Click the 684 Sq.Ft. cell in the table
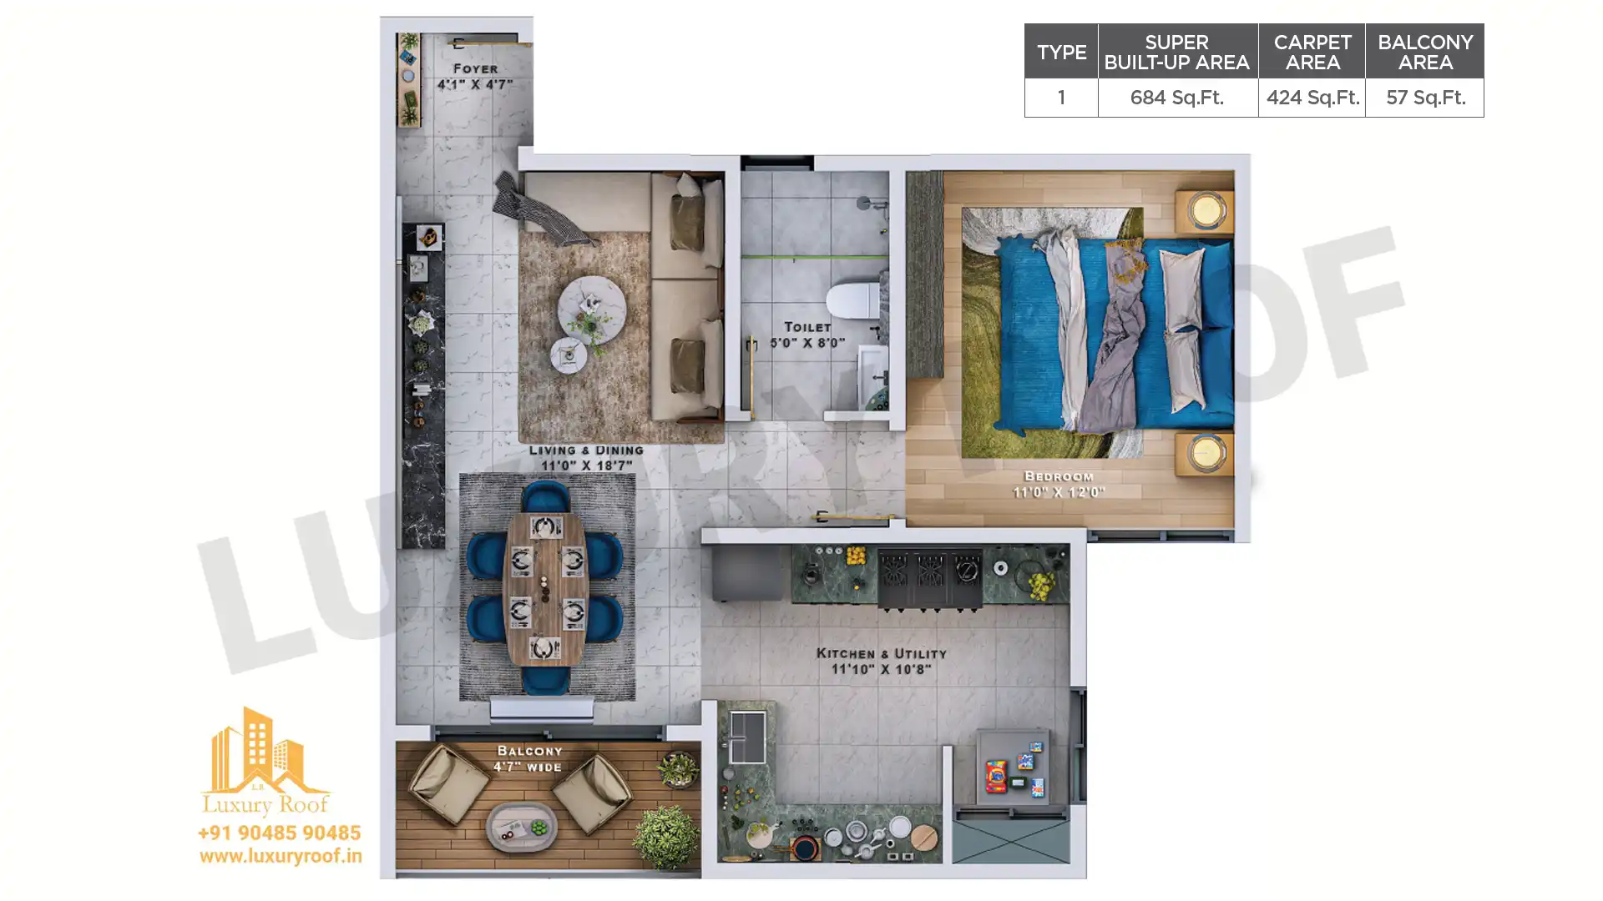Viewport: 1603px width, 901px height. coord(1176,98)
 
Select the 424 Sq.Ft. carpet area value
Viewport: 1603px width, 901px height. coord(1312,98)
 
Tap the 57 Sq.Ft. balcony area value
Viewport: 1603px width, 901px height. coord(1425,98)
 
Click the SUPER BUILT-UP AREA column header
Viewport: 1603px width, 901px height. coord(1176,53)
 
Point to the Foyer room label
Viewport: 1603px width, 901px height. coord(475,76)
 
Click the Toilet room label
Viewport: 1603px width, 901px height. coord(807,335)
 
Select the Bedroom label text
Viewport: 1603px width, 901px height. coord(1059,484)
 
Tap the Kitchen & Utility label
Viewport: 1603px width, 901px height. coord(881,662)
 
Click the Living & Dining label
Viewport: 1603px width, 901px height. coord(586,457)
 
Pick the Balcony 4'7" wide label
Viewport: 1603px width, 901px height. coord(528,759)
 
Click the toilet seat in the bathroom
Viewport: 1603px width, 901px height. coord(852,300)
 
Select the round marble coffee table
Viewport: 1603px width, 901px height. coord(592,309)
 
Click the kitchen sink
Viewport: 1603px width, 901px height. coord(747,736)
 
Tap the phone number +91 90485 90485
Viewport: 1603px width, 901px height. coord(280,833)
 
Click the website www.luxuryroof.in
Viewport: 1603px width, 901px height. coord(281,856)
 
